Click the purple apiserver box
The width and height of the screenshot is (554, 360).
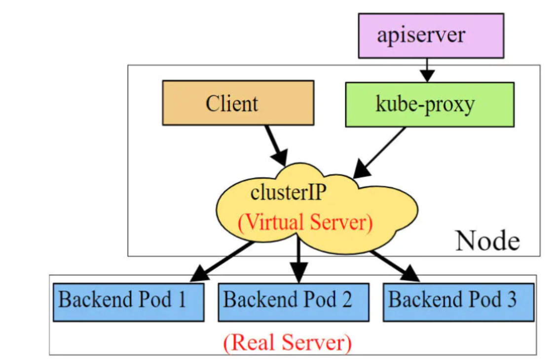(431, 36)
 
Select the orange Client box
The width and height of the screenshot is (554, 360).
(238, 103)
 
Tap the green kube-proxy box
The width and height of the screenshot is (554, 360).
(430, 105)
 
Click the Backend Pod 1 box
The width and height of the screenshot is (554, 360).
(129, 302)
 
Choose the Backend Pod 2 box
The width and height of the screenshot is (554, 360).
(294, 302)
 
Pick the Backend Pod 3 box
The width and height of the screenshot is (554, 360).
(459, 302)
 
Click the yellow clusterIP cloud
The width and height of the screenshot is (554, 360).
(317, 209)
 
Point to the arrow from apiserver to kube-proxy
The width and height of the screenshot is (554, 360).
(427, 70)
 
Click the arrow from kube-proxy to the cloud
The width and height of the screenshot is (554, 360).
(379, 152)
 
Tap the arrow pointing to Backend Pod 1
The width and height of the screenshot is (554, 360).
(222, 261)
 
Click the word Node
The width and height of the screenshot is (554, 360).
(487, 241)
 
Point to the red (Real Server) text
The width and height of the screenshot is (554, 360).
(288, 342)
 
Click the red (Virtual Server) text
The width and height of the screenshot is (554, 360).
(305, 222)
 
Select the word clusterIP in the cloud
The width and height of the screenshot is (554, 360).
(288, 193)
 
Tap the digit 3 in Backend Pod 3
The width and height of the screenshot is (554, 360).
(512, 299)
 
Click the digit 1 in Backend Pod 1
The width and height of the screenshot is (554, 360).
(182, 299)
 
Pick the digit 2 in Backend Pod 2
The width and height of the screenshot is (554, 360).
(347, 299)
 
